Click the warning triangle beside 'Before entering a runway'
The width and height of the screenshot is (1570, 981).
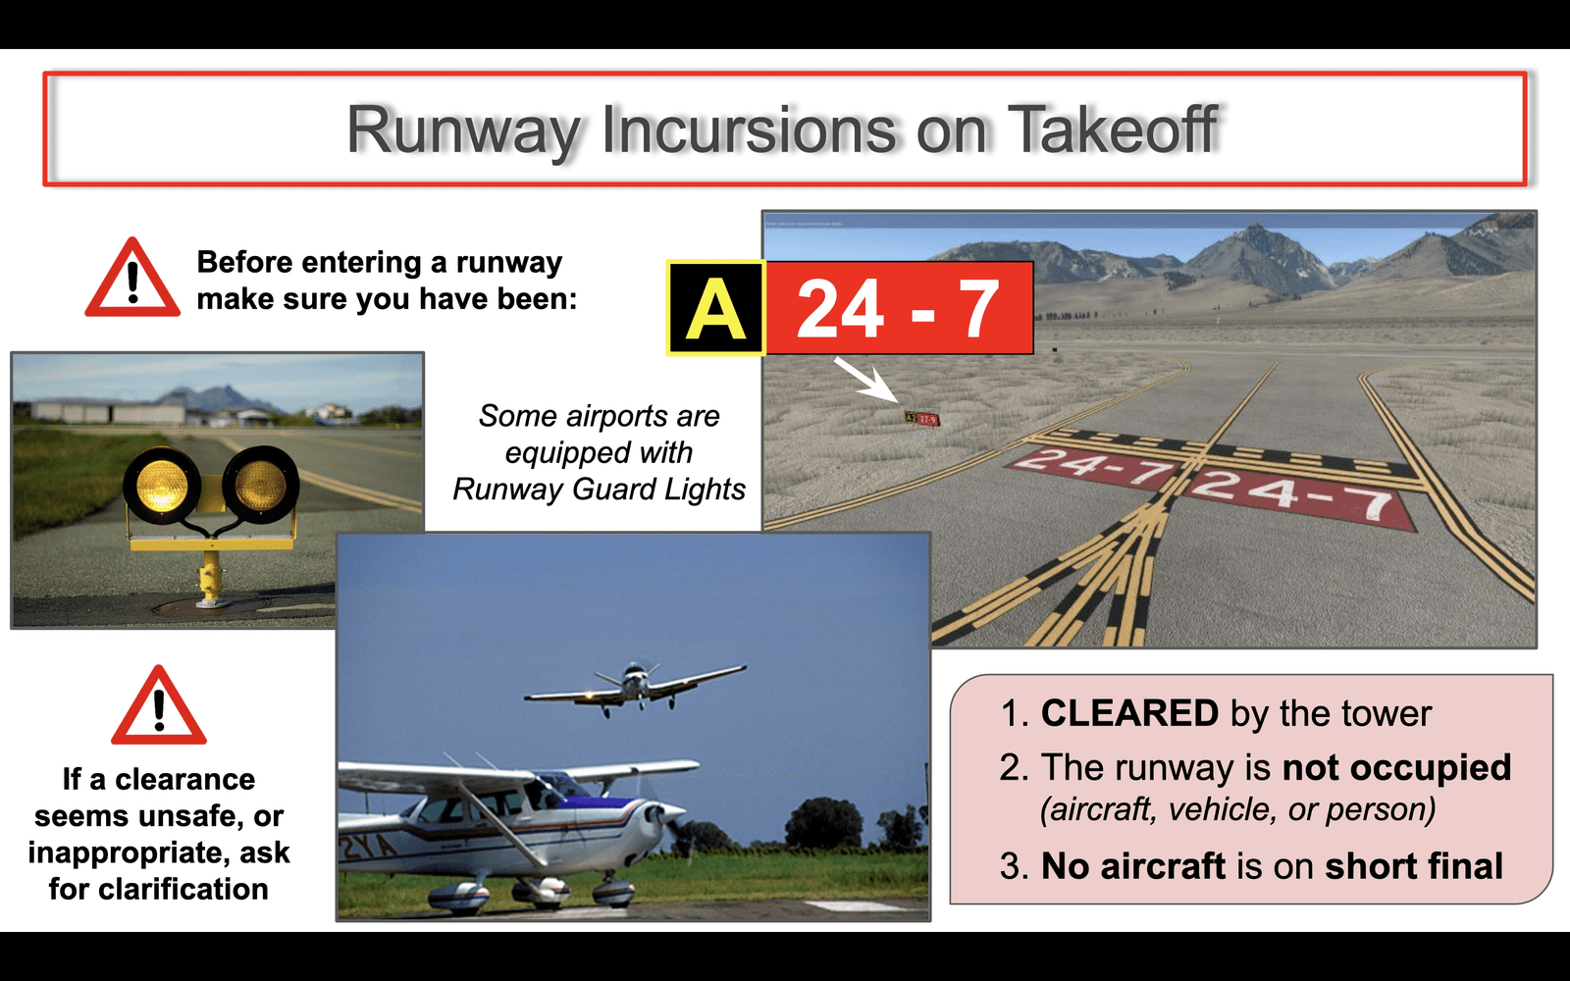[132, 279]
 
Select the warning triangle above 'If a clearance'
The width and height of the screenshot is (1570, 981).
[159, 705]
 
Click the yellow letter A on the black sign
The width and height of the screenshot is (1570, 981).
[715, 308]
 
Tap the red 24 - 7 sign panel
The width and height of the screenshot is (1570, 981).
[900, 308]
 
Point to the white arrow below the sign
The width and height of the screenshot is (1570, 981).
[866, 381]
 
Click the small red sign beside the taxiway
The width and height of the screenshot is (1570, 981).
[921, 418]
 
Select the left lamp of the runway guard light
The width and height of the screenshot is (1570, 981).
[162, 486]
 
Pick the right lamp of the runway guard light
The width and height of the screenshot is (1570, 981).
[260, 484]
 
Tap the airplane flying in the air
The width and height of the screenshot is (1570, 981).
[634, 688]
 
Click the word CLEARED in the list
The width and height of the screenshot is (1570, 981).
[1129, 713]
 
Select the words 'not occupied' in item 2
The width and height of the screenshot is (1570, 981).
[1396, 767]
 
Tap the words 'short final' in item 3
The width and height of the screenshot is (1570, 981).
[1414, 866]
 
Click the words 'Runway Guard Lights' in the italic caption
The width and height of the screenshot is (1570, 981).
[599, 490]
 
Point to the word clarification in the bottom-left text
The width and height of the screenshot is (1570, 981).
[158, 889]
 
